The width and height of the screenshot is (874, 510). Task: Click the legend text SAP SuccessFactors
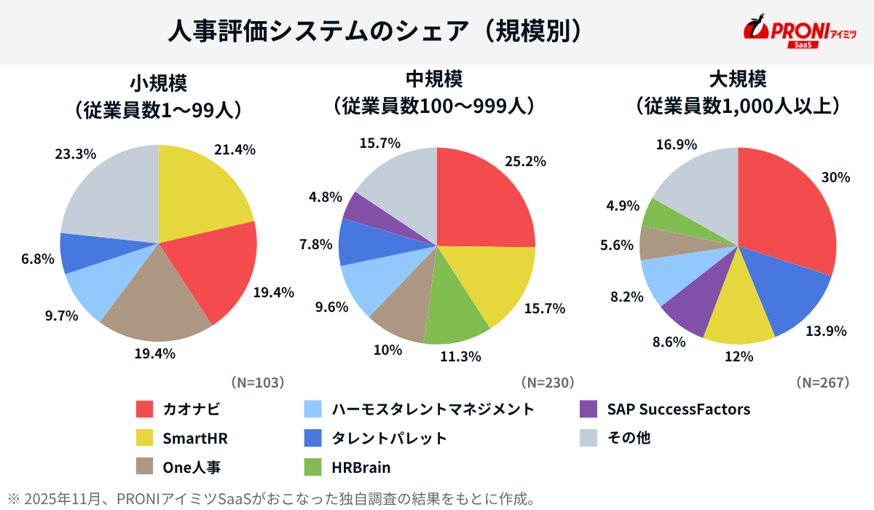pyautogui.click(x=678, y=409)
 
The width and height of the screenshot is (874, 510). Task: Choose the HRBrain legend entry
pyautogui.click(x=361, y=467)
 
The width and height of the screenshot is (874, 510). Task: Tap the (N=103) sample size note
pyautogui.click(x=256, y=382)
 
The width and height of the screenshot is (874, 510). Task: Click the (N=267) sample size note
pyautogui.click(x=822, y=382)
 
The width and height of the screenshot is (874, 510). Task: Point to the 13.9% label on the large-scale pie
pyautogui.click(x=826, y=331)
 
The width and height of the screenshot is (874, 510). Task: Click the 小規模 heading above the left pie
pyautogui.click(x=158, y=82)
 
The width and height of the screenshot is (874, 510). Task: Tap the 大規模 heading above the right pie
pyautogui.click(x=738, y=78)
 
